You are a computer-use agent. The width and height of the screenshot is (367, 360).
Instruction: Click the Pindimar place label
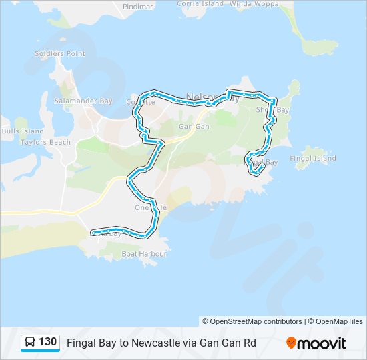tap(138, 7)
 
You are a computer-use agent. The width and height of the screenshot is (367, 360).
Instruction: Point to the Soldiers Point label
tap(60, 53)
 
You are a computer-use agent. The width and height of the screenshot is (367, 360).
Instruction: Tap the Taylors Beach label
tap(45, 142)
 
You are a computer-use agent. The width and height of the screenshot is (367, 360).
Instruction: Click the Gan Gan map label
tap(194, 126)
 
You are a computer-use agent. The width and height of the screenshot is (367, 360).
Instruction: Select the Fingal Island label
tap(313, 159)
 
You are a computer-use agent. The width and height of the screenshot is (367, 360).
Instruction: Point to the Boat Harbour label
tap(143, 254)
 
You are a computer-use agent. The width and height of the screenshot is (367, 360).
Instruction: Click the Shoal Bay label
tap(273, 110)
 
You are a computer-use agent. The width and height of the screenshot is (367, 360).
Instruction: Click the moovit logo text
tap(322, 343)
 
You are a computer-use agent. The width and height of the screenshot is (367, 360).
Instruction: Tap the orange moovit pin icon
tap(292, 343)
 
